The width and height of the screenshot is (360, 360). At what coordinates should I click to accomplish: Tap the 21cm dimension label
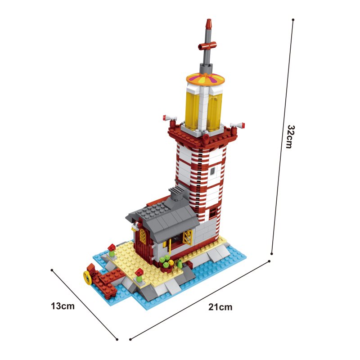[x=220, y=307]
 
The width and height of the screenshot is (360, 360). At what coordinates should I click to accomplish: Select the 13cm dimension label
[x=63, y=306]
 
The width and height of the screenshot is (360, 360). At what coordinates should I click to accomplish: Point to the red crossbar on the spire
[x=207, y=45]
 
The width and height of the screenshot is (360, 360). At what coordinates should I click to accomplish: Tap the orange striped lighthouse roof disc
[x=205, y=79]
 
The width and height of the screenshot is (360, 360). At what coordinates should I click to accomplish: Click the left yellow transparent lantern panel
[x=193, y=107]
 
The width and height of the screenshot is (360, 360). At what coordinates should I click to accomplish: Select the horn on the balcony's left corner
[x=170, y=118]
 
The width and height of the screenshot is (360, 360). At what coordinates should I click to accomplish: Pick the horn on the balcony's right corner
[x=238, y=125]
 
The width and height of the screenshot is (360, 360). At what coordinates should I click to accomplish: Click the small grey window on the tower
[x=212, y=171]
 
